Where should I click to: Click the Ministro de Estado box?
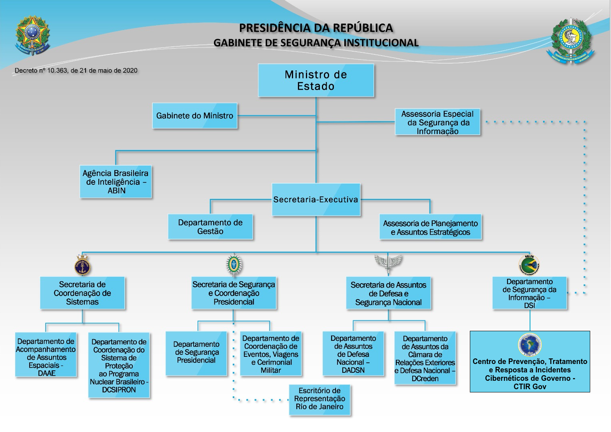pos(316,80)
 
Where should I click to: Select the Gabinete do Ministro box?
pos(195,116)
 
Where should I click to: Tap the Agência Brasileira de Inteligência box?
pos(116,182)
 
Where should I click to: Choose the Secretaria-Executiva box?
pos(316,200)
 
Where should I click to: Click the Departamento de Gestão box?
pos(210,227)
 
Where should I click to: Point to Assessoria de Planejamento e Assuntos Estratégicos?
pos(430,227)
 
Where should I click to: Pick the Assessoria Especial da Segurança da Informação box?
pos(437,122)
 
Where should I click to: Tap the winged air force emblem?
pos(388,263)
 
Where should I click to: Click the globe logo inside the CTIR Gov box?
pos(530,345)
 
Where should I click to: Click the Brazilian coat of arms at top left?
pos(32,35)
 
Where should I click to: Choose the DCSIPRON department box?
pos(119,365)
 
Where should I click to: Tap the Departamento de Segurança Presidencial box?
pos(196,353)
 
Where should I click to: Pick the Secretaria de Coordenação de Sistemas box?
pos(82,293)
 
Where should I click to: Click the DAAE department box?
pos(46,355)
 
